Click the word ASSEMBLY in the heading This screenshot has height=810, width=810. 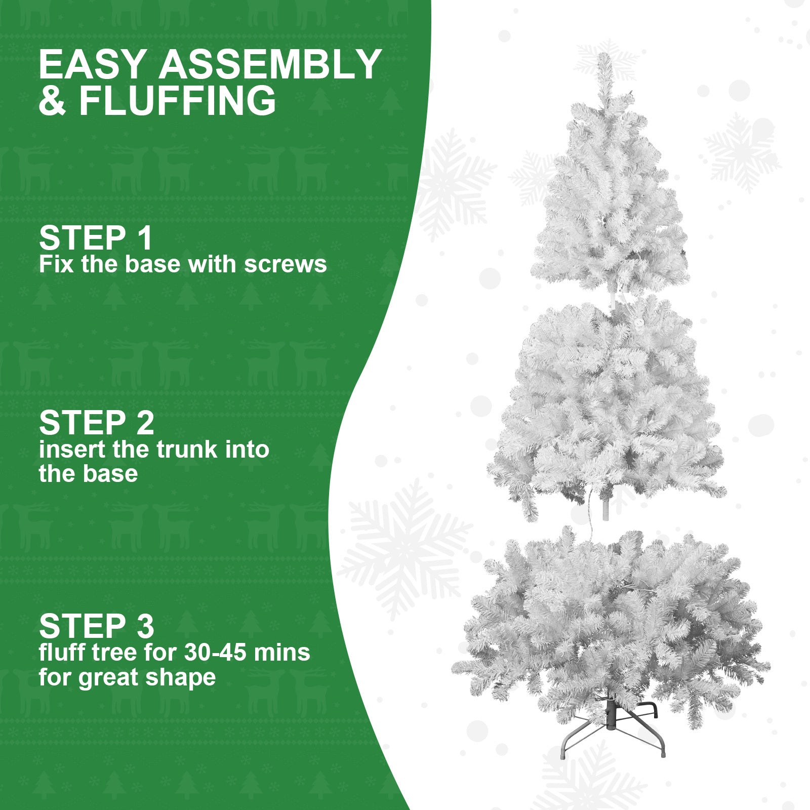[x=270, y=64]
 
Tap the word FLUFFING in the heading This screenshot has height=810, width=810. [x=178, y=100]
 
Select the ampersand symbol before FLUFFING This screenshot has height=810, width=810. [x=52, y=100]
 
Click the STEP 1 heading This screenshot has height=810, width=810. [x=95, y=238]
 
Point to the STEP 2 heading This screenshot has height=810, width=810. [x=96, y=423]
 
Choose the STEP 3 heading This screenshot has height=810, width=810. [x=96, y=626]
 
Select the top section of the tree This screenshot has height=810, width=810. [x=610, y=202]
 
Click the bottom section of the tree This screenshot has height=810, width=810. [x=610, y=623]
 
